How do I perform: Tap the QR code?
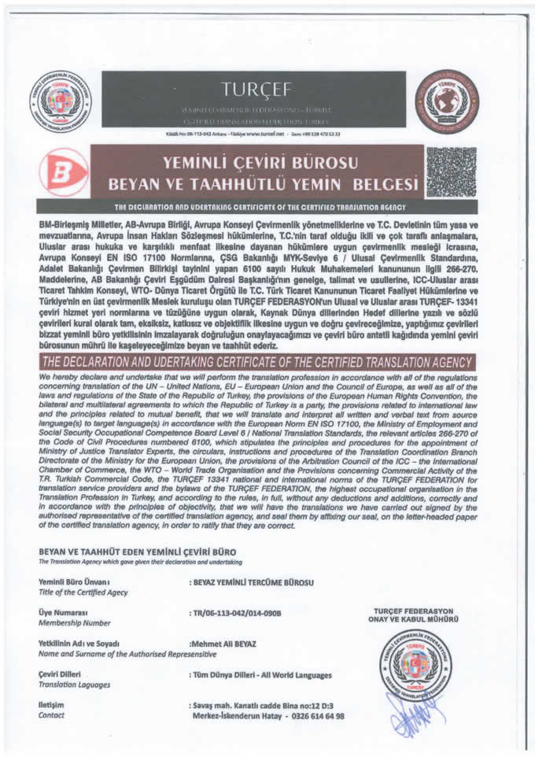point(451,172)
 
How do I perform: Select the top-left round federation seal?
point(61,101)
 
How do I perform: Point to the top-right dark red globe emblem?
point(446,101)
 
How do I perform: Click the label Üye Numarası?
point(62,612)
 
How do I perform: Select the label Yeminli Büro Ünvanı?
point(73,582)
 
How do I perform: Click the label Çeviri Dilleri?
point(60,674)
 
